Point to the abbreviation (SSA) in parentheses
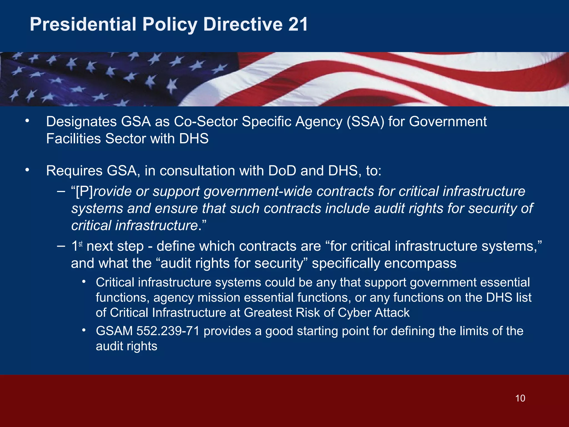[x=365, y=122]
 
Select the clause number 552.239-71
[x=168, y=331]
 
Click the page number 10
[x=520, y=398]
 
